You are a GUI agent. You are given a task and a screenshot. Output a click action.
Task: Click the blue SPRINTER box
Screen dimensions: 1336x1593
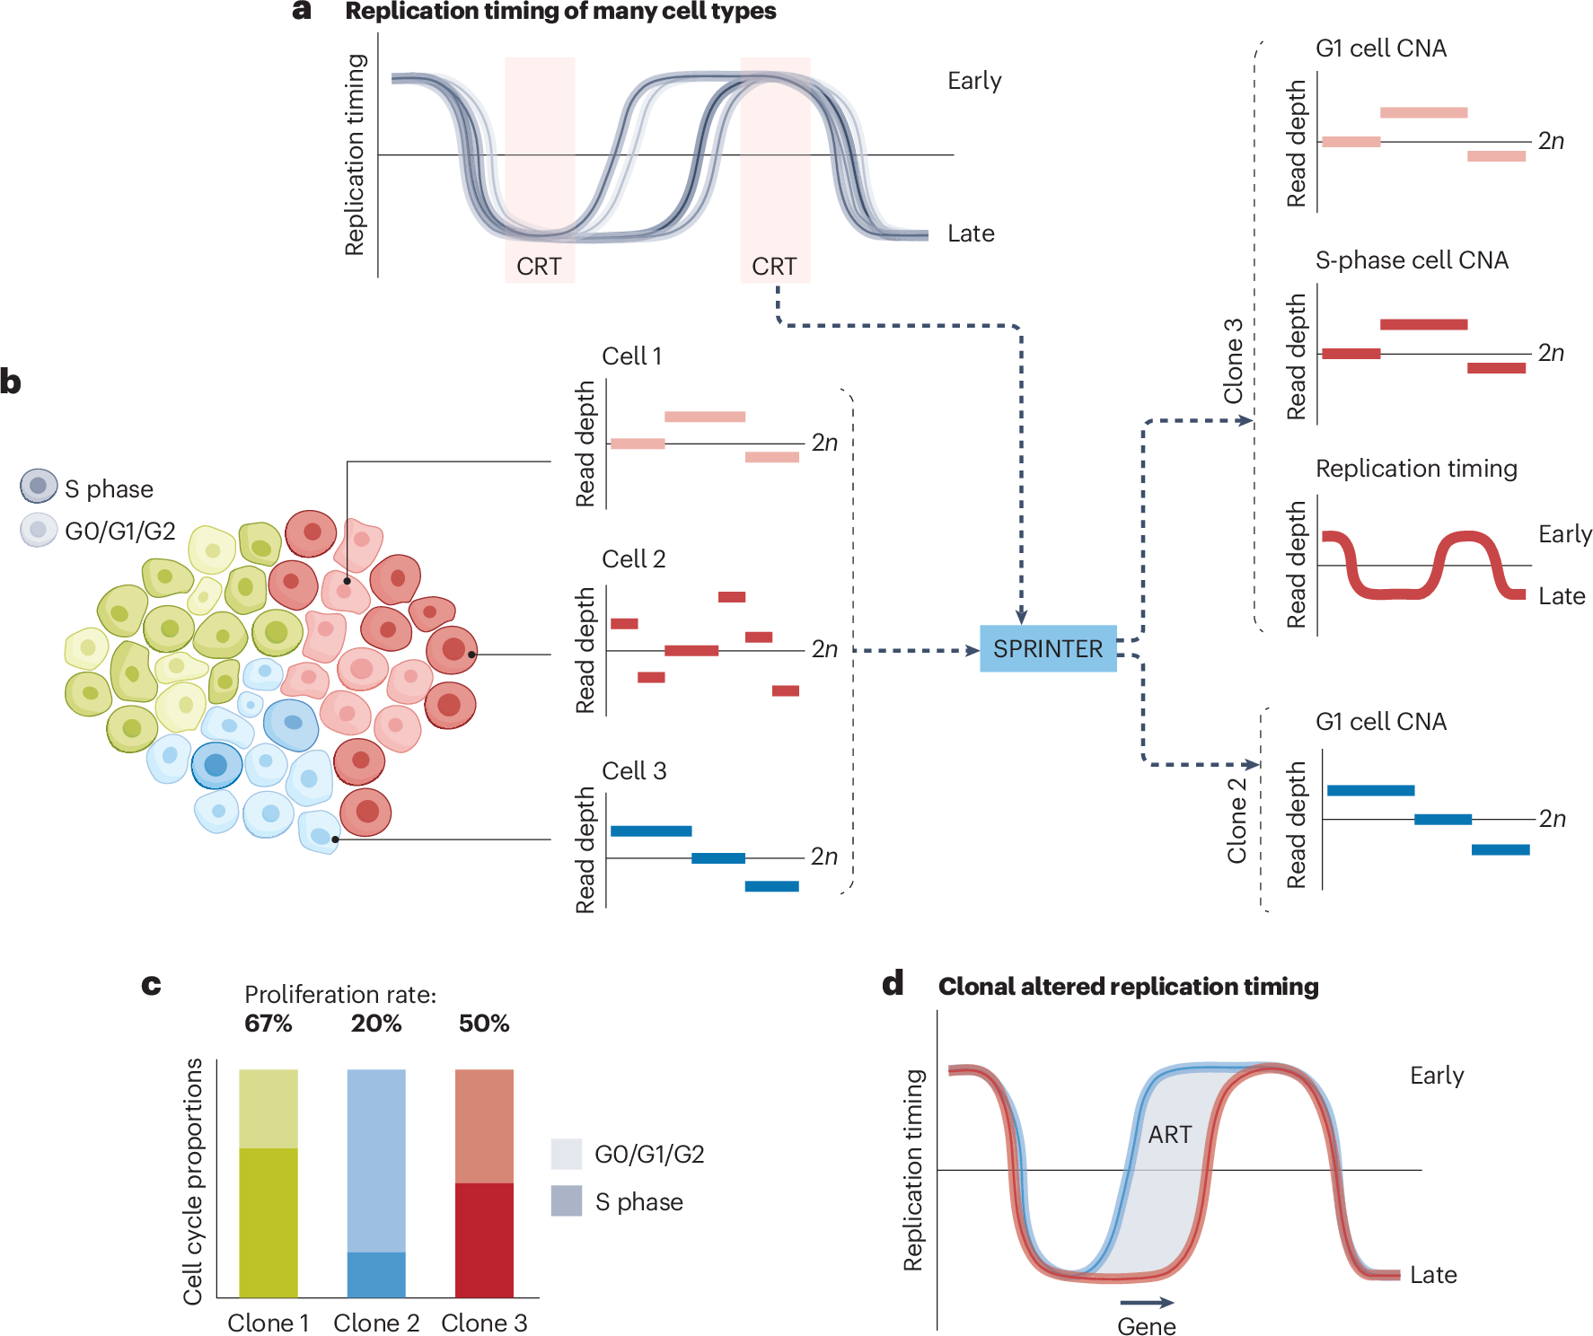(1048, 648)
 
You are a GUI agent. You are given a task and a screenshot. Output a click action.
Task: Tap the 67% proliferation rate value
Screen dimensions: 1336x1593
(268, 1024)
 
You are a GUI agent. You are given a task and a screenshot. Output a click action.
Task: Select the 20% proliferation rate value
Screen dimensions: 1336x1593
(376, 1024)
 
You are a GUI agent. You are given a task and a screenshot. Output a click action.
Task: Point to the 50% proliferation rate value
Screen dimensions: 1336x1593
(484, 1024)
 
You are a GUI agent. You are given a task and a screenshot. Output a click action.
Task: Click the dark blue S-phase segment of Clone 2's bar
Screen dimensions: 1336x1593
(376, 1275)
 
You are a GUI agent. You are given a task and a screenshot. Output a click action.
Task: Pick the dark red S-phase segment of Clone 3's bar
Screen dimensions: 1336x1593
(484, 1240)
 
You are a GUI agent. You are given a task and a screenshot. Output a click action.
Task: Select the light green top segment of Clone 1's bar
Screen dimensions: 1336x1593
(268, 1108)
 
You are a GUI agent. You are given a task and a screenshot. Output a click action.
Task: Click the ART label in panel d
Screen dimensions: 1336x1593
(1170, 1135)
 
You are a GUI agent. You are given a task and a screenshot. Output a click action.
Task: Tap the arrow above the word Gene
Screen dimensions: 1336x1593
(1147, 1303)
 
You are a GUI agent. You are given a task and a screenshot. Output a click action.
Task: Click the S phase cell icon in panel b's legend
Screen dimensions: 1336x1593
(39, 486)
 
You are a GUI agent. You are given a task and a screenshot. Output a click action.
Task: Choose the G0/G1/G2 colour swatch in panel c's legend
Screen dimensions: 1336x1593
(567, 1154)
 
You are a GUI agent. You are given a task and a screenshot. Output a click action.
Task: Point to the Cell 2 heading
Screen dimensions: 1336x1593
(634, 559)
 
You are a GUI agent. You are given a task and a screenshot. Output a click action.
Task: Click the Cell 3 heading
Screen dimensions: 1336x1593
(634, 771)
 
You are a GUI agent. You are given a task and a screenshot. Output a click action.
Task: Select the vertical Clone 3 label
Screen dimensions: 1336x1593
(1234, 361)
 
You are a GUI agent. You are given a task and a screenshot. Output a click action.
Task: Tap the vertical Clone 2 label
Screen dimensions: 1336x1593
(1237, 821)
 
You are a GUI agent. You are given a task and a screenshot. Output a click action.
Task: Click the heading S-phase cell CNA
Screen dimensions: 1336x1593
(1412, 260)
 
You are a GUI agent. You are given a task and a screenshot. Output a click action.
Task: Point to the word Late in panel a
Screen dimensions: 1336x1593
(971, 234)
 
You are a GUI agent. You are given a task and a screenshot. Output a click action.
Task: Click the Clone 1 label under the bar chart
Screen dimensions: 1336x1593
(268, 1323)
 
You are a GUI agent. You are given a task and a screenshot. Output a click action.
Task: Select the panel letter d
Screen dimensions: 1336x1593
(893, 985)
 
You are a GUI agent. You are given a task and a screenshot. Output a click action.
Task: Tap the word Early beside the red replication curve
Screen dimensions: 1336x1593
(1564, 534)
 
